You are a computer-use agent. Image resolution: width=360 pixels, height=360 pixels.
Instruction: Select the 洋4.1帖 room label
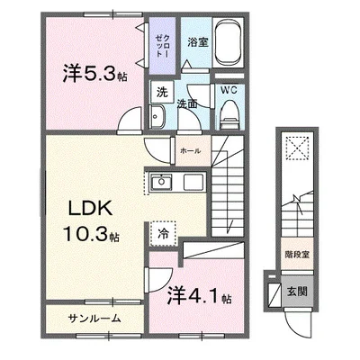[x=201, y=294]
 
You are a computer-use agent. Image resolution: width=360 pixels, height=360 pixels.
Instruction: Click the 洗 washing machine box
[x=160, y=91]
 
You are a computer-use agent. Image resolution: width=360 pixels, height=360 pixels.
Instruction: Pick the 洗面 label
[x=187, y=103]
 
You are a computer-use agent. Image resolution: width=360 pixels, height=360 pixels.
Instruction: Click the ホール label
[x=190, y=150]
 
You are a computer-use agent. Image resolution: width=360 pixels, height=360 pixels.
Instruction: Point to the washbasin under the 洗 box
[x=156, y=116]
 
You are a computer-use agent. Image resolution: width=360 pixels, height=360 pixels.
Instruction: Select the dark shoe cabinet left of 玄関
[x=274, y=292]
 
